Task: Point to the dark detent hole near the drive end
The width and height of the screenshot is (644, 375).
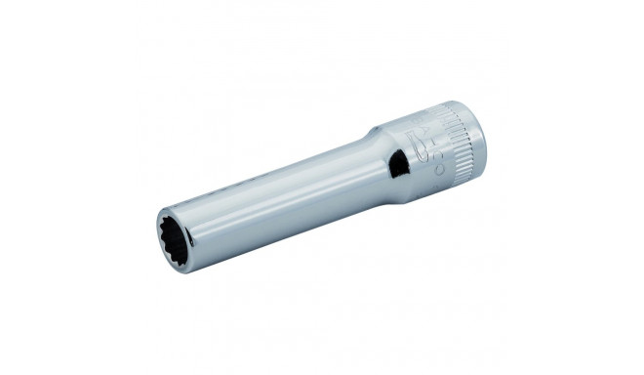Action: click(x=398, y=165)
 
